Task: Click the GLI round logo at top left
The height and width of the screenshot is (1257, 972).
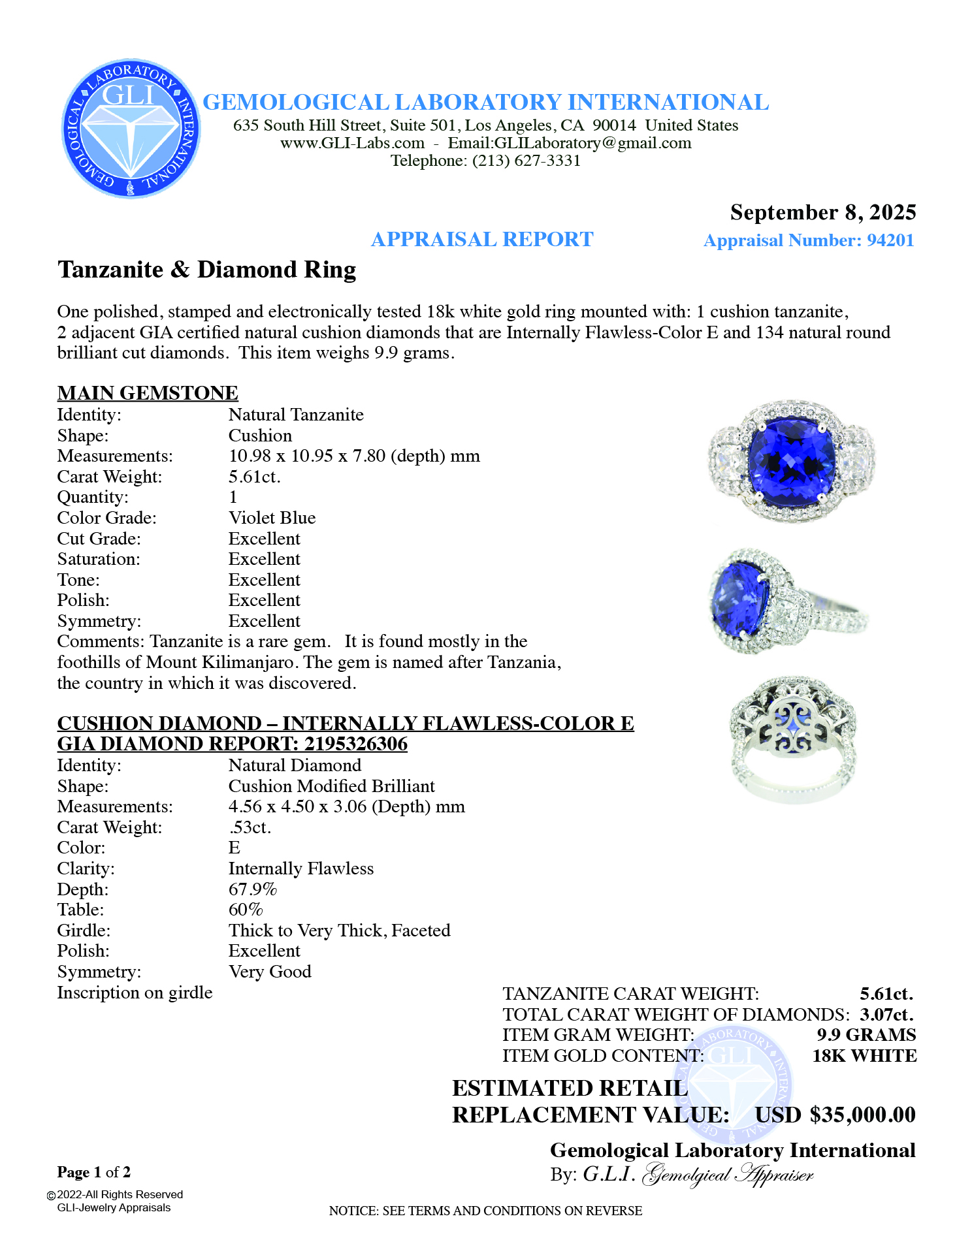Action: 131,128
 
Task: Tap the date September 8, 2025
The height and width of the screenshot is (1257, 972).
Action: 822,212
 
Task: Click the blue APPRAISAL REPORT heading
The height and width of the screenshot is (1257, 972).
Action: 482,240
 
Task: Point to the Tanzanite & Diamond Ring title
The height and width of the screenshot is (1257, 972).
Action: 206,270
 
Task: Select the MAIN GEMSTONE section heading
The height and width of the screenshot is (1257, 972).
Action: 148,392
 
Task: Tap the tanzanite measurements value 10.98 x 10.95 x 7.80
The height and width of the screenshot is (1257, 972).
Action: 353,456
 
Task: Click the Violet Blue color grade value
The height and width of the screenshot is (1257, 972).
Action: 272,518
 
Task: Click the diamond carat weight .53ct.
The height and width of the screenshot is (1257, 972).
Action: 250,827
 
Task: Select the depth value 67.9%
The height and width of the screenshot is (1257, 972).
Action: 252,889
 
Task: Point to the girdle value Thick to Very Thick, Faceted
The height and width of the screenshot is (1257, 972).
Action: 339,931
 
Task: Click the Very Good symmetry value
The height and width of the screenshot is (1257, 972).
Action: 269,972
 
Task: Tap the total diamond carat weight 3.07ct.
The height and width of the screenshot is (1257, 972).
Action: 886,1014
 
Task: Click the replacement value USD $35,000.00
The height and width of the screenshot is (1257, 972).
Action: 835,1115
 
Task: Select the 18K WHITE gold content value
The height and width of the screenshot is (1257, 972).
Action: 864,1056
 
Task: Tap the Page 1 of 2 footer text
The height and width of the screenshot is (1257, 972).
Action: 94,1172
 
